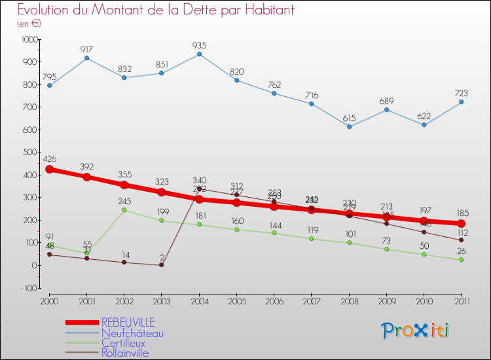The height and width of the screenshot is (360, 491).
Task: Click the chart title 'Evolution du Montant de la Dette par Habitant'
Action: point(155,10)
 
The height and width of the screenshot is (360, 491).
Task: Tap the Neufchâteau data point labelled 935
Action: point(199,54)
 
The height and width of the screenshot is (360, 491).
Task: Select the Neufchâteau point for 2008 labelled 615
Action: point(349,126)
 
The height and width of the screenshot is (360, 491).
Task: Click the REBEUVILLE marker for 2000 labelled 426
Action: point(49,170)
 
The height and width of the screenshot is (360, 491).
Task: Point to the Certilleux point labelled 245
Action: point(124,210)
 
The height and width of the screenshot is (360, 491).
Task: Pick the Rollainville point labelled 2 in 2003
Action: point(162,264)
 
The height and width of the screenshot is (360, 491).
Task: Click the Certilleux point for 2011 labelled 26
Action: point(462,260)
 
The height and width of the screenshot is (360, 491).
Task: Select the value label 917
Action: point(86,50)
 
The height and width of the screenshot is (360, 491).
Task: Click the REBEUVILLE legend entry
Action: point(128,322)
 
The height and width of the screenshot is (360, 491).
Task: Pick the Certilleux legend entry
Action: point(123,342)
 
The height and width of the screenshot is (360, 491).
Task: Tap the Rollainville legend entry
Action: point(124,353)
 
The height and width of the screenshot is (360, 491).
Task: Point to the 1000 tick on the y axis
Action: point(29,40)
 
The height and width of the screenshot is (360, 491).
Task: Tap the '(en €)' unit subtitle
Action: point(29,24)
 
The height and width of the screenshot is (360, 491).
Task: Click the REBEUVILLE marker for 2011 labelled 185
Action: point(462,224)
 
